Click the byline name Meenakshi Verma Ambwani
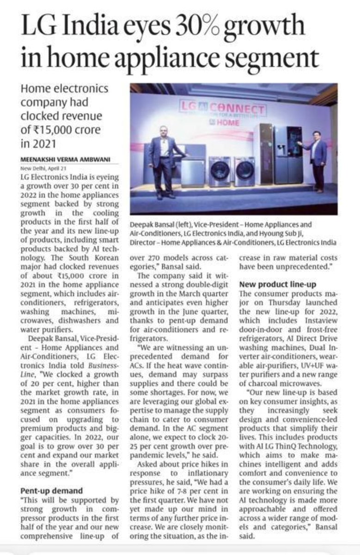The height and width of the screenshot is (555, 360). (x=65, y=159)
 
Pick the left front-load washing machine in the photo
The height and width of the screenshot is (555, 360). (x=219, y=171)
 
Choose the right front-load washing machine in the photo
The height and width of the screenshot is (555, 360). (x=244, y=171)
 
